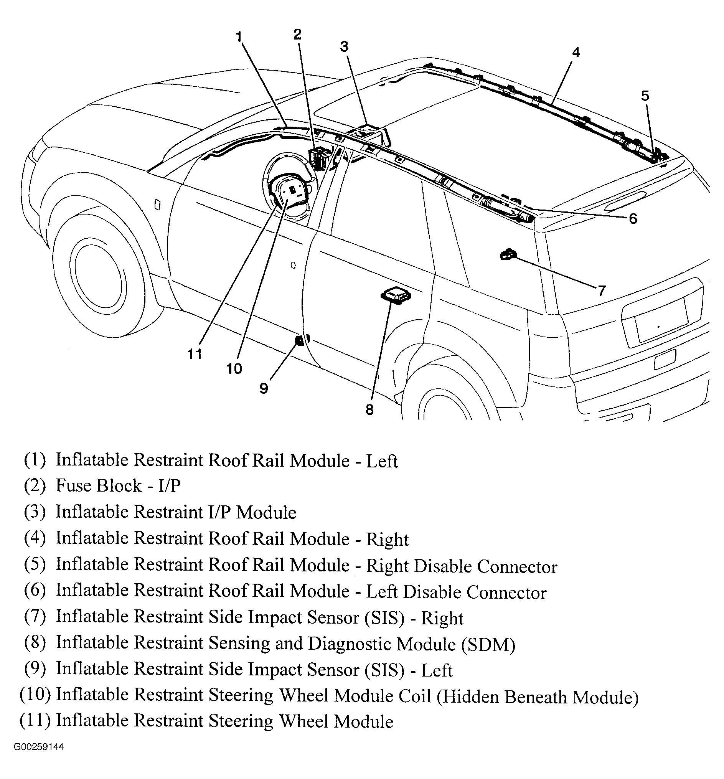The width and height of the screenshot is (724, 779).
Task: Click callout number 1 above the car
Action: pos(239,37)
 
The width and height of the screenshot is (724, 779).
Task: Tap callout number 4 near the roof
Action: pos(576,53)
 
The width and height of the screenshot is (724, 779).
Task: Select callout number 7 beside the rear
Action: pos(601,291)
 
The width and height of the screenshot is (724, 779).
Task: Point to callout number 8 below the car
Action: pos(369,410)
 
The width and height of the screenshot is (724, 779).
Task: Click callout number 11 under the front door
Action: pos(195,355)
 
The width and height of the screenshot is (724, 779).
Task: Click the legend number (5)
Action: pos(35,564)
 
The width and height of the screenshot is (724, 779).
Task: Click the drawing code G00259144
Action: pos(39,747)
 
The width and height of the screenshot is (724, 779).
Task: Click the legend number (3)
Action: pos(35,512)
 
